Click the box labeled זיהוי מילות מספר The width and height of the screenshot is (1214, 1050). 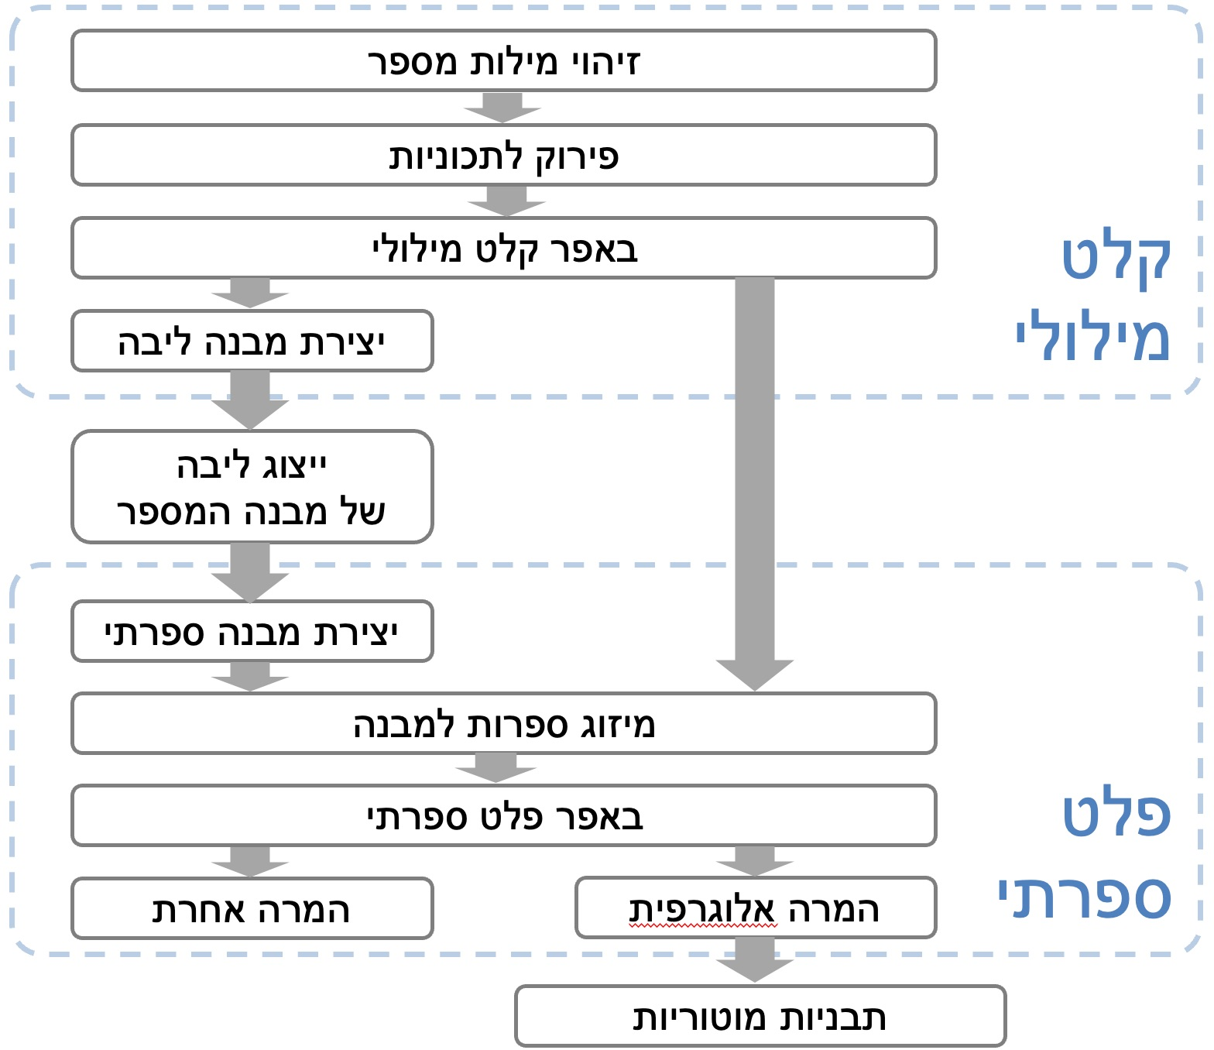coord(503,60)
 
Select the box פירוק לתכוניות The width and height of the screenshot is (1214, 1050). coord(503,155)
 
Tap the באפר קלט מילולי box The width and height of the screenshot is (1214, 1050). coord(503,248)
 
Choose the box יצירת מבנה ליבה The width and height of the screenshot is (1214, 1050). coord(252,341)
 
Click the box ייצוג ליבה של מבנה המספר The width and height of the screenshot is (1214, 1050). coord(252,486)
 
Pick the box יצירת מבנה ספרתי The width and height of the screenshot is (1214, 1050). coord(252,631)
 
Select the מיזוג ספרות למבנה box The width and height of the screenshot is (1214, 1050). coord(503,723)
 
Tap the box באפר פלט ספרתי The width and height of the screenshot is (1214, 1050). coord(503,815)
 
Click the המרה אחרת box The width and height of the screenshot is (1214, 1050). coord(252,908)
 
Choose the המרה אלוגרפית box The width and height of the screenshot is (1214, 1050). coord(756,908)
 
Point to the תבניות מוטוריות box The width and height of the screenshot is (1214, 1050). coord(760,1016)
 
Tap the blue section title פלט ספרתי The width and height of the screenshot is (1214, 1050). coord(1092,856)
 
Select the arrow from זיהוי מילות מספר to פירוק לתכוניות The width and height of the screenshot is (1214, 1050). coord(502,108)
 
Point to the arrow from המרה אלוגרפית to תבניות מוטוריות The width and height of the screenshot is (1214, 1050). coord(755,960)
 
